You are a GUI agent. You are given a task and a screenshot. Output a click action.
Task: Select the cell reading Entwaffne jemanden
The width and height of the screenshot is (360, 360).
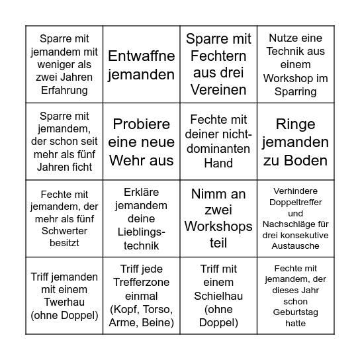142,64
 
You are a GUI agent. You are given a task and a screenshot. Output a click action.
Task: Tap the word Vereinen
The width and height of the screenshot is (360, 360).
218,89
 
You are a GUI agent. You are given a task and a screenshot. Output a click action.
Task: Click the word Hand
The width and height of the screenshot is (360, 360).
218,163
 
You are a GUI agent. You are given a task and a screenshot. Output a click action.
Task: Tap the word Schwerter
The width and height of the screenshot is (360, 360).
64,231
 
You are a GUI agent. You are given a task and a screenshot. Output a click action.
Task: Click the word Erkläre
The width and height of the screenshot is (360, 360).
142,193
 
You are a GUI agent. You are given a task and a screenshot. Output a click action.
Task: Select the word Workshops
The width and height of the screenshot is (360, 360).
218,226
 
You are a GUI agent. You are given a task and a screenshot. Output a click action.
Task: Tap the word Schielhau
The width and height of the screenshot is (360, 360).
218,294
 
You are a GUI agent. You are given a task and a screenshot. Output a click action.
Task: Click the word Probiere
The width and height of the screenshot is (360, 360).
142,123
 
